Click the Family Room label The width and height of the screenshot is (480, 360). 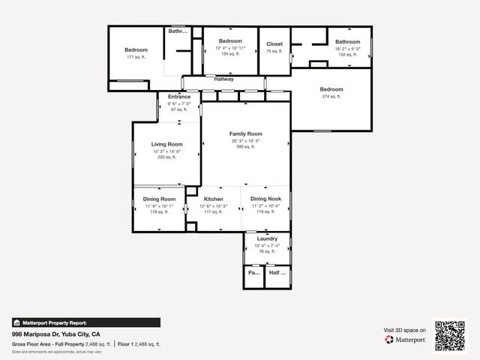click(x=245, y=133)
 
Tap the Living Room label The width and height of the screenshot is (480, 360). click(x=166, y=144)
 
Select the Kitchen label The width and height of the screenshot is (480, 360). click(x=214, y=199)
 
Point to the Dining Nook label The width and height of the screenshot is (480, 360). click(x=265, y=199)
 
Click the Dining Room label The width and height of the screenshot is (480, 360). click(x=158, y=199)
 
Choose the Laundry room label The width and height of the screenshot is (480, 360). click(x=267, y=238)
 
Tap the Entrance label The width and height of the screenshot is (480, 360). click(x=179, y=97)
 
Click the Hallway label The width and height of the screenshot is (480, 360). click(x=223, y=79)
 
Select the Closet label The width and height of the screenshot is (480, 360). click(x=274, y=44)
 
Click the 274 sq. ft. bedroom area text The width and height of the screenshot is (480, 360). click(x=331, y=96)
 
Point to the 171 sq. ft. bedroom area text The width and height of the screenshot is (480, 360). click(x=136, y=57)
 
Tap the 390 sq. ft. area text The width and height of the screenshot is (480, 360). click(x=245, y=147)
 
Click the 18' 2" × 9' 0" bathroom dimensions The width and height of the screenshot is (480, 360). click(x=347, y=49)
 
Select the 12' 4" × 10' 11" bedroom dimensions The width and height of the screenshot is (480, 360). click(x=229, y=48)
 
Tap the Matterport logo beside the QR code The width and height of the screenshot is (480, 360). click(x=406, y=339)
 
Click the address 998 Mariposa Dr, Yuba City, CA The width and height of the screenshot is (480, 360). click(x=56, y=334)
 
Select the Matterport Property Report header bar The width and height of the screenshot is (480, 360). click(x=85, y=322)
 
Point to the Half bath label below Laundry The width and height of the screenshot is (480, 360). click(x=277, y=274)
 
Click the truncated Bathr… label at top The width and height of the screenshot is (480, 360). click(x=178, y=31)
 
